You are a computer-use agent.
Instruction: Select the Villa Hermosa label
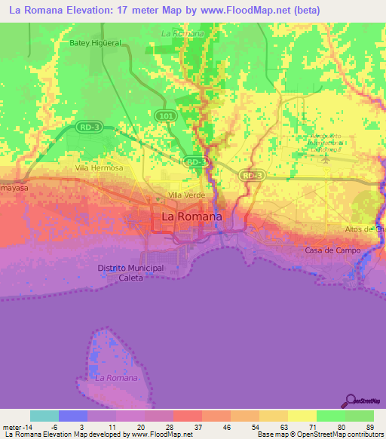pyautogui.click(x=99, y=168)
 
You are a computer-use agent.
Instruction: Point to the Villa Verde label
pyautogui.click(x=186, y=195)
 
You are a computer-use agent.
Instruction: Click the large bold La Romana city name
pyautogui.click(x=192, y=216)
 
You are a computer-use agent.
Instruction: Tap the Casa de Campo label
pyautogui.click(x=332, y=250)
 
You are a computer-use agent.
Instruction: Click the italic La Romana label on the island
pyautogui.click(x=117, y=377)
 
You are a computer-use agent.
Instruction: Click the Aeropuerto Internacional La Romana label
pyautogui.click(x=325, y=143)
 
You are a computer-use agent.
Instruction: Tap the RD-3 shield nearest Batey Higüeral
pyautogui.click(x=88, y=127)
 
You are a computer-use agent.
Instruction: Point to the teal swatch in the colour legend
pyautogui.click(x=44, y=416)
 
